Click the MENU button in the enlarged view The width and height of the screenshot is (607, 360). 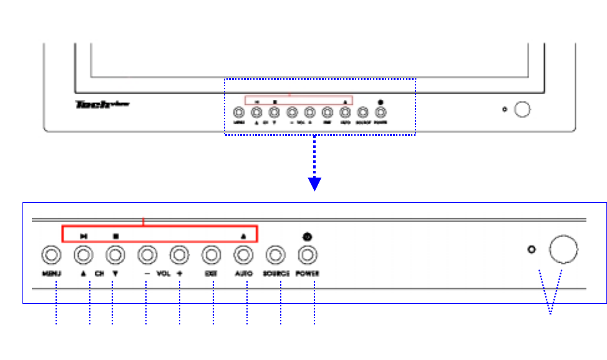[x=51, y=255]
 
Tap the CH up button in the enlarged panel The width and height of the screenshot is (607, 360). [x=84, y=255]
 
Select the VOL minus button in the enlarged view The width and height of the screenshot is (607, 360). [x=147, y=255]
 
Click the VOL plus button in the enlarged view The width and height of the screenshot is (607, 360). [x=179, y=255]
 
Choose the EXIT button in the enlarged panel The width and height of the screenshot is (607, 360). [x=211, y=255]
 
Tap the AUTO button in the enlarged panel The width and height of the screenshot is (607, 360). [x=243, y=255]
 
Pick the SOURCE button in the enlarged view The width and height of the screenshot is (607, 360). [x=275, y=255]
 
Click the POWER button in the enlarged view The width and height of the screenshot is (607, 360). [x=307, y=255]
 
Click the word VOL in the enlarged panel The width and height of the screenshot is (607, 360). [x=163, y=274]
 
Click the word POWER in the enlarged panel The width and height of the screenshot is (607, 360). [x=308, y=274]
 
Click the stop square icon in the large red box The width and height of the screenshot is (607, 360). [x=115, y=236]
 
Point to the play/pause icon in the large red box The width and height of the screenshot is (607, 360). [x=84, y=236]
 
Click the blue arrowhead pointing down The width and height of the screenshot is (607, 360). [x=315, y=183]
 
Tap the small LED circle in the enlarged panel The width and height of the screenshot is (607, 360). [x=532, y=250]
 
